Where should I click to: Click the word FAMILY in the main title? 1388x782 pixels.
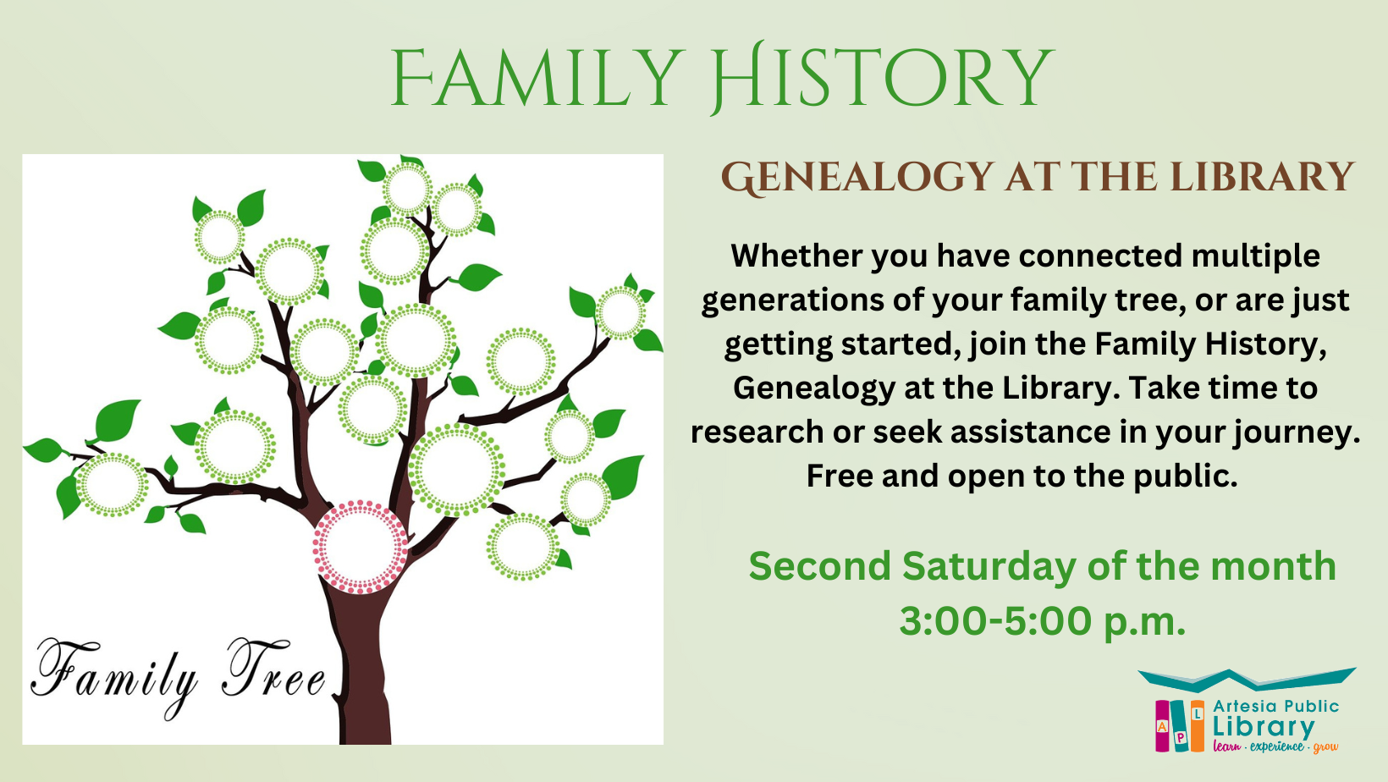tap(537, 79)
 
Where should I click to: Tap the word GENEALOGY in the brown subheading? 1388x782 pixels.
tap(856, 178)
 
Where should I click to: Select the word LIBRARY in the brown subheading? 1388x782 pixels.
tap(1262, 178)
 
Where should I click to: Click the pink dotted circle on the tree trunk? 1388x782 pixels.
tap(360, 547)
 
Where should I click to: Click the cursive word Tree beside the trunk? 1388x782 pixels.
tap(273, 673)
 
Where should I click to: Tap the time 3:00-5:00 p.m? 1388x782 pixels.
tap(1042, 621)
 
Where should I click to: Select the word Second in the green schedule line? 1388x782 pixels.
tap(819, 566)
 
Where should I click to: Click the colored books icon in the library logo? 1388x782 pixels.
tap(1180, 725)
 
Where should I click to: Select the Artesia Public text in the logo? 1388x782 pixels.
tap(1275, 706)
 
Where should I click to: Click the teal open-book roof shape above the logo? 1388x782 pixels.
tap(1246, 679)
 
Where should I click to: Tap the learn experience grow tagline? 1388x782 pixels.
tap(1275, 746)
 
